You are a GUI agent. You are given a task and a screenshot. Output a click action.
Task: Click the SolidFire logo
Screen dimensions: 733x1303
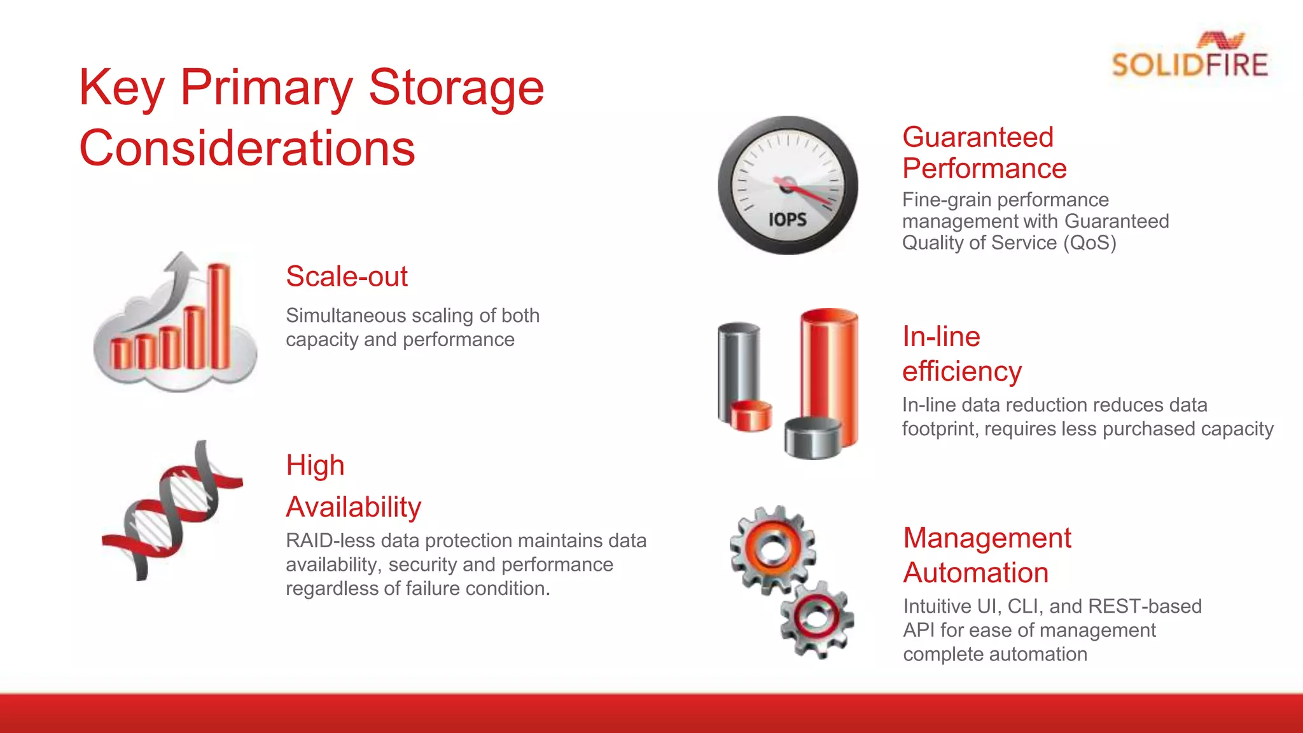click(1190, 57)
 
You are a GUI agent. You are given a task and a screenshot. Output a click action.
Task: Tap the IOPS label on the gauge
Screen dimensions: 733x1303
click(788, 220)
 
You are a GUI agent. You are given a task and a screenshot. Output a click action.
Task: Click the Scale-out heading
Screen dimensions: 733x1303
click(346, 277)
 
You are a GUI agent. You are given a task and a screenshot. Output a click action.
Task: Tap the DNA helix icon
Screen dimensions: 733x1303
click(172, 509)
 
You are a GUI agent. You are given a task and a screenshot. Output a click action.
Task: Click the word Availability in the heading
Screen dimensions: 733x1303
click(354, 507)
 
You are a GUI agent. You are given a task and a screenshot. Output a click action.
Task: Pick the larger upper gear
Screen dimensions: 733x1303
click(772, 550)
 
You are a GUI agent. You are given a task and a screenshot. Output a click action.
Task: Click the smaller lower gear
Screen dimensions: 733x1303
click(817, 618)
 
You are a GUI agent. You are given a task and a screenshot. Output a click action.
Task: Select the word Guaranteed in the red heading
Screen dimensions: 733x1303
click(978, 137)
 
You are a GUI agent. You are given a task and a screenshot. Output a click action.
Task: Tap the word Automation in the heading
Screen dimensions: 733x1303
click(976, 573)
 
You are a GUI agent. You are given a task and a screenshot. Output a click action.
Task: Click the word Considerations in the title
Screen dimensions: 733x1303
click(247, 148)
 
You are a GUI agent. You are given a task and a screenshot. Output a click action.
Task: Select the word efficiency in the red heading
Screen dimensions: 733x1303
click(962, 372)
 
